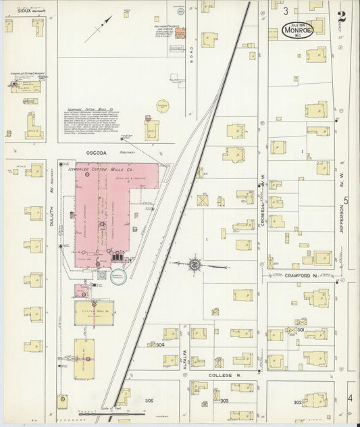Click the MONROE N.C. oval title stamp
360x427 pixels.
point(297,31)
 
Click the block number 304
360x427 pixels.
point(160,345)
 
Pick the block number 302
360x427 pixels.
point(297,402)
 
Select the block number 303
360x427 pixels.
point(224,401)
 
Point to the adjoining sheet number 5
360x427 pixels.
point(346,201)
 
